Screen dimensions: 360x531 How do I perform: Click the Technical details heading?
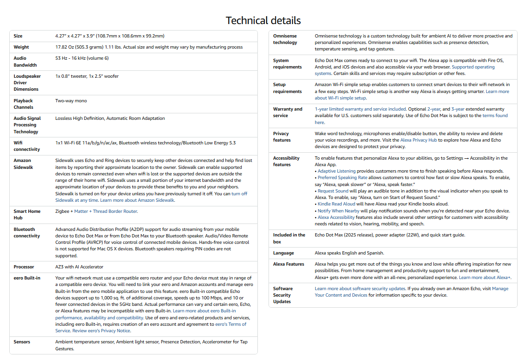(x=263, y=20)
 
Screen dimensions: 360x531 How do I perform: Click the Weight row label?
(x=21, y=47)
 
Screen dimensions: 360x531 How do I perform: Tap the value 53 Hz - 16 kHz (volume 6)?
(x=82, y=58)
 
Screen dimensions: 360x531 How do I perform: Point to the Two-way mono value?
(x=71, y=101)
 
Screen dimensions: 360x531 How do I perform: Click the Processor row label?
(x=24, y=267)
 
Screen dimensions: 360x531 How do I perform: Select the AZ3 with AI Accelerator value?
(x=79, y=267)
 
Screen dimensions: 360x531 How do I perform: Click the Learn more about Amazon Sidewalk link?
(x=137, y=200)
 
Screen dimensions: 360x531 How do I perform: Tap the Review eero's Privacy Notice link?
(x=101, y=331)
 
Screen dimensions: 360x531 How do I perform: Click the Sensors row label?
(x=22, y=342)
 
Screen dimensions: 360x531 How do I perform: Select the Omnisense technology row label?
(x=285, y=39)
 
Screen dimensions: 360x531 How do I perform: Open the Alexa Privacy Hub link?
(x=418, y=140)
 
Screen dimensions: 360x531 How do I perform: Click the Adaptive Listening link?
(x=337, y=171)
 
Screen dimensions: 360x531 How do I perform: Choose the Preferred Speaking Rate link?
(x=342, y=178)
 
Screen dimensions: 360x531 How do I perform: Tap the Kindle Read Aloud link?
(x=337, y=204)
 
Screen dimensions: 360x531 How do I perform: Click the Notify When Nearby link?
(x=338, y=211)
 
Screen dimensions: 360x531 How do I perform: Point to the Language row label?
(x=283, y=253)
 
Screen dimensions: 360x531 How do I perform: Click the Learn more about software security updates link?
(x=360, y=289)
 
